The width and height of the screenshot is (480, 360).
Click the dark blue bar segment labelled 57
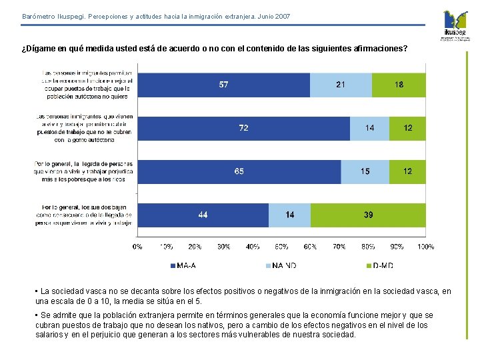[223, 85]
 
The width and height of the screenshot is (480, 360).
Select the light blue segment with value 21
[341, 85]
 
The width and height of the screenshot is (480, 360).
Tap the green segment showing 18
[399, 85]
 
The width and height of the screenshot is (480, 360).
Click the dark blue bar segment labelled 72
[243, 128]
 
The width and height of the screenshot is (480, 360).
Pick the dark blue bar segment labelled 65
[239, 171]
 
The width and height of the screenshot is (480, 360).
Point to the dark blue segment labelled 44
[203, 215]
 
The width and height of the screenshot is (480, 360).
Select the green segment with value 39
[368, 215]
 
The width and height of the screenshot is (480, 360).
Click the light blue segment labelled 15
[365, 171]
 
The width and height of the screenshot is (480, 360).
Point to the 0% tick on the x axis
[137, 247]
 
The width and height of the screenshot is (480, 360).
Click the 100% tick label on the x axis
[425, 247]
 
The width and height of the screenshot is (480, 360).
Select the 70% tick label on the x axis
[339, 247]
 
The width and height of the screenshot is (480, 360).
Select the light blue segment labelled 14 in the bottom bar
[289, 215]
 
